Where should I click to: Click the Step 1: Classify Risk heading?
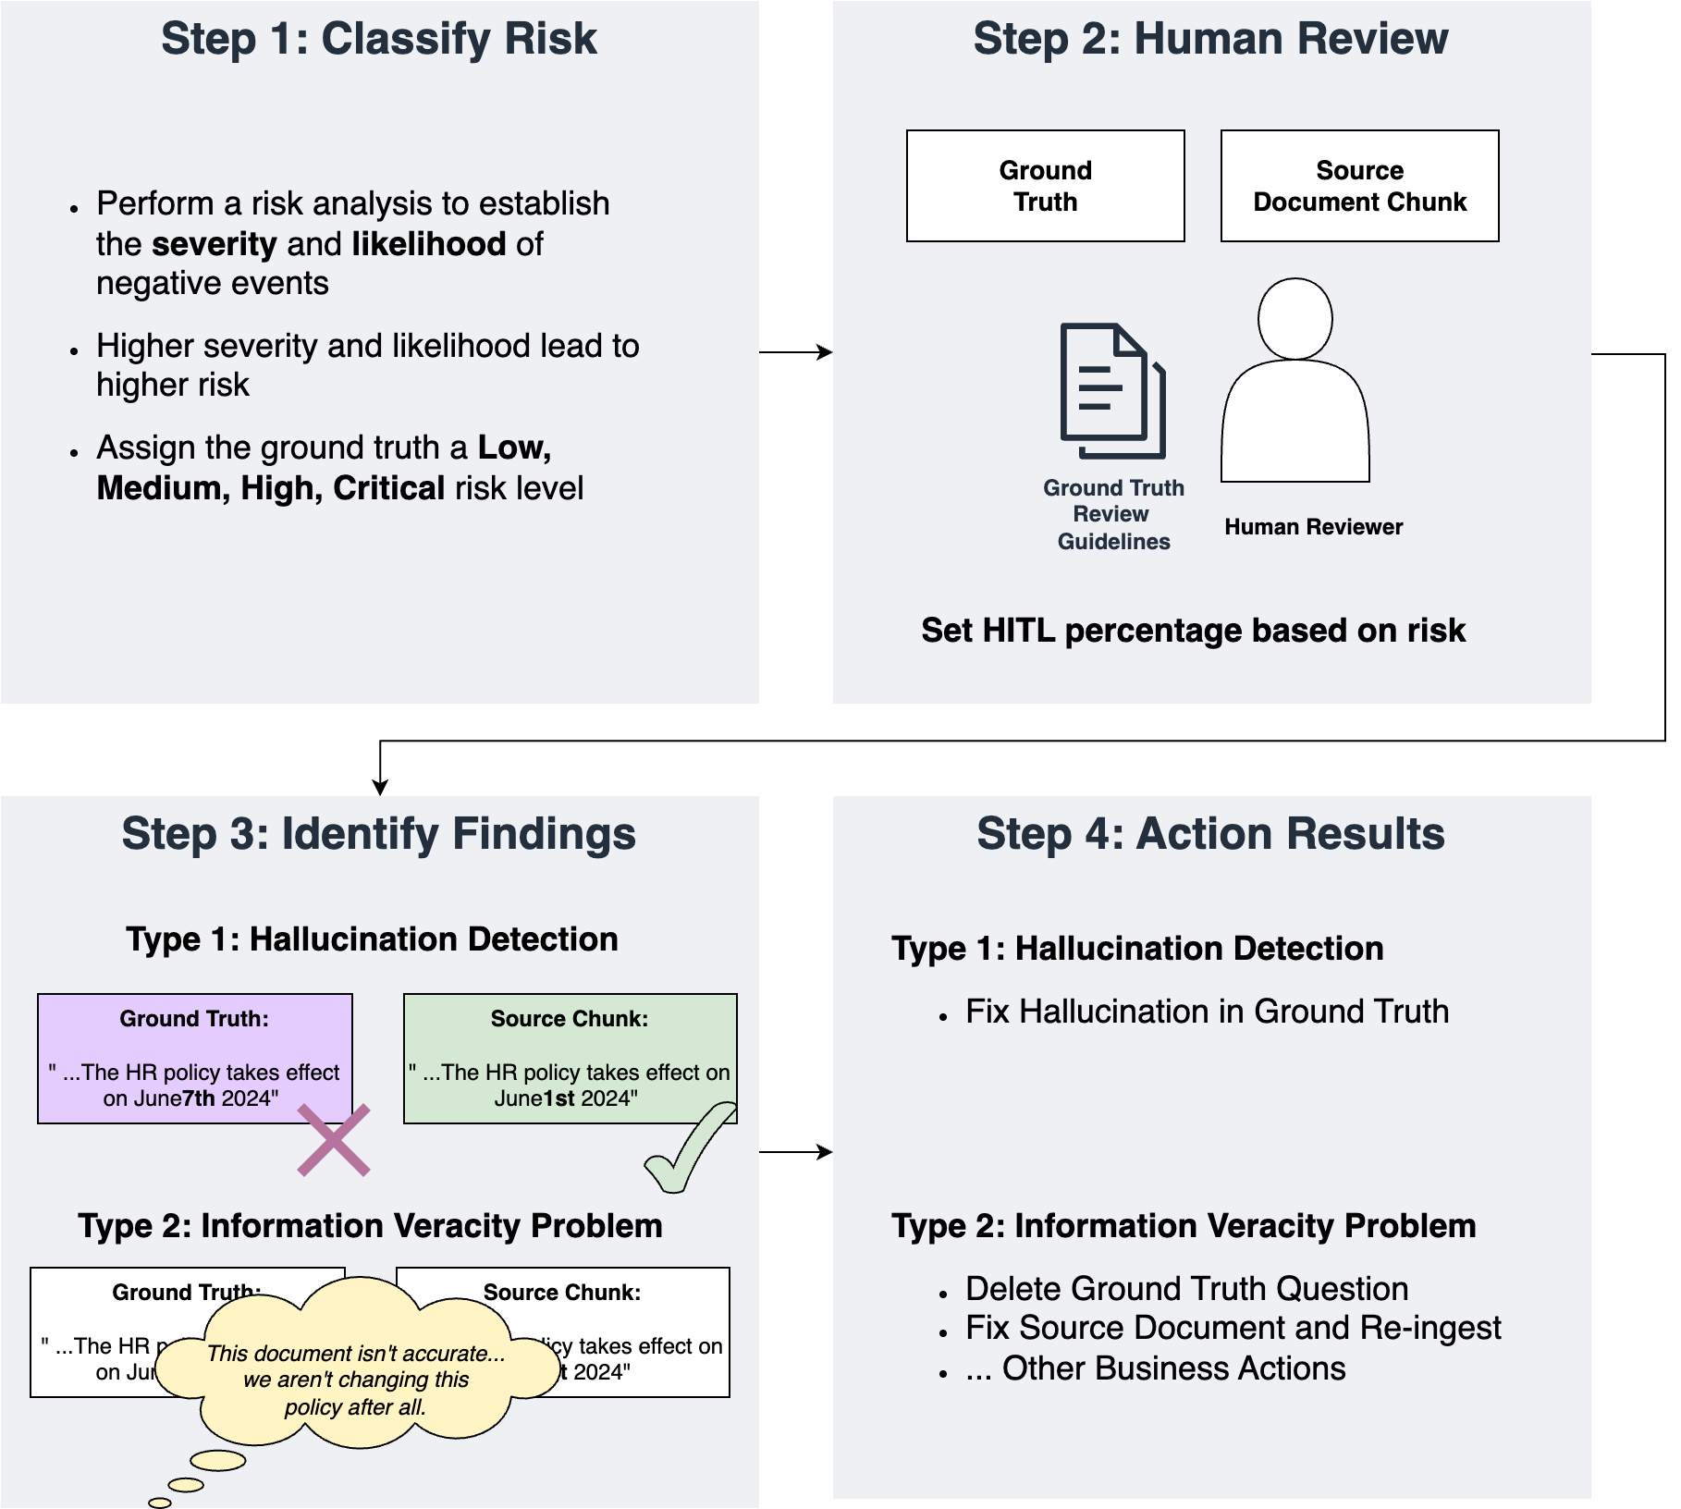click(379, 39)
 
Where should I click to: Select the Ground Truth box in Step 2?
click(1045, 186)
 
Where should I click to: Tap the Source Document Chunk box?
click(1359, 186)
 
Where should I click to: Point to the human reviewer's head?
click(1294, 319)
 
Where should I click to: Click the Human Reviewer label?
click(1313, 527)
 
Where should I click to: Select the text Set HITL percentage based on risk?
click(1193, 631)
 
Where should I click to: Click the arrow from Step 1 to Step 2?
click(795, 352)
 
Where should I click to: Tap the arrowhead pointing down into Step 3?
click(380, 788)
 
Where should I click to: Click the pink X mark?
click(334, 1140)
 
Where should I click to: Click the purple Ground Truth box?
click(194, 1059)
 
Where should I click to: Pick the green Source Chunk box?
click(570, 1059)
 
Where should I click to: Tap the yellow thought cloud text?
click(356, 1380)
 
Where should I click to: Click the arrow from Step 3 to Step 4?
click(795, 1152)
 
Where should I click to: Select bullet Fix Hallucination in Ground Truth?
click(1207, 1012)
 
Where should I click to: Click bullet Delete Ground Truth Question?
click(1186, 1289)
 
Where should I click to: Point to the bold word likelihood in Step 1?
click(429, 244)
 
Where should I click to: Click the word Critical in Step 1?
click(389, 488)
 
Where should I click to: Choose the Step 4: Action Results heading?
click(1210, 834)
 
